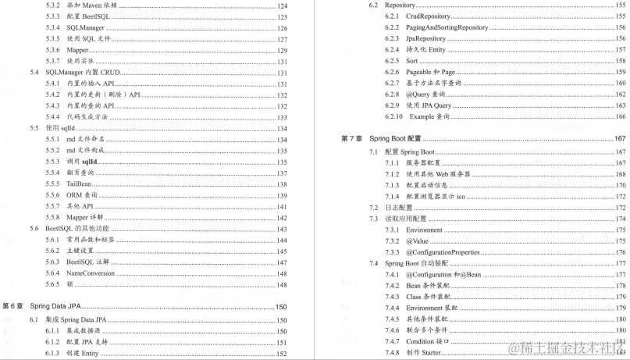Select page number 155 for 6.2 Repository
[x=621, y=5]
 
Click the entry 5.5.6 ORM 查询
[x=82, y=195]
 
